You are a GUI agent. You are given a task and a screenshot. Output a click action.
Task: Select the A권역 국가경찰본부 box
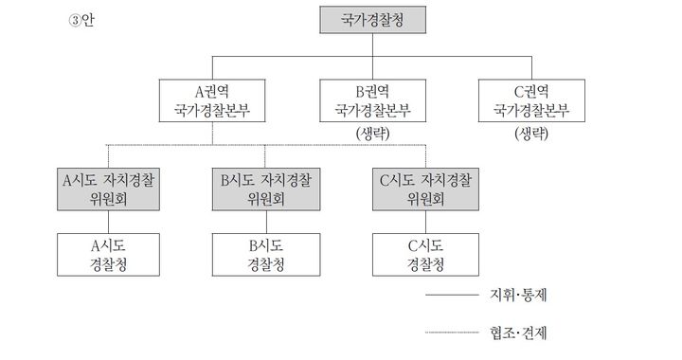coord(212,101)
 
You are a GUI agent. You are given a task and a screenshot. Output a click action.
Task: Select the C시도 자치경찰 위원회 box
coord(424,189)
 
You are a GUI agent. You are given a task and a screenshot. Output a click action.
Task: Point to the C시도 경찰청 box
coord(424,253)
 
